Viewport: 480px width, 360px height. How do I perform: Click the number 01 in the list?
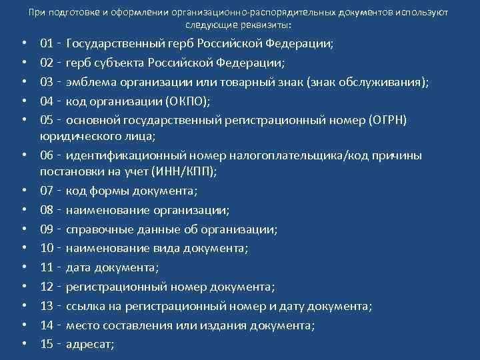pos(47,44)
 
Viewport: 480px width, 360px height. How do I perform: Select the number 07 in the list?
pos(47,191)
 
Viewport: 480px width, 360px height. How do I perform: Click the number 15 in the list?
pos(47,344)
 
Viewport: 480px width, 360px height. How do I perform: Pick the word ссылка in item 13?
pos(85,306)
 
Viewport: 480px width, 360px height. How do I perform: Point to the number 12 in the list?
pos(47,287)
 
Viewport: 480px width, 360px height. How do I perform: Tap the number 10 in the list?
pos(47,249)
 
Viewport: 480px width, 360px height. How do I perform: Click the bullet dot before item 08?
pos(23,211)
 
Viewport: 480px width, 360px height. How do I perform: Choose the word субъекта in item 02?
pos(118,63)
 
